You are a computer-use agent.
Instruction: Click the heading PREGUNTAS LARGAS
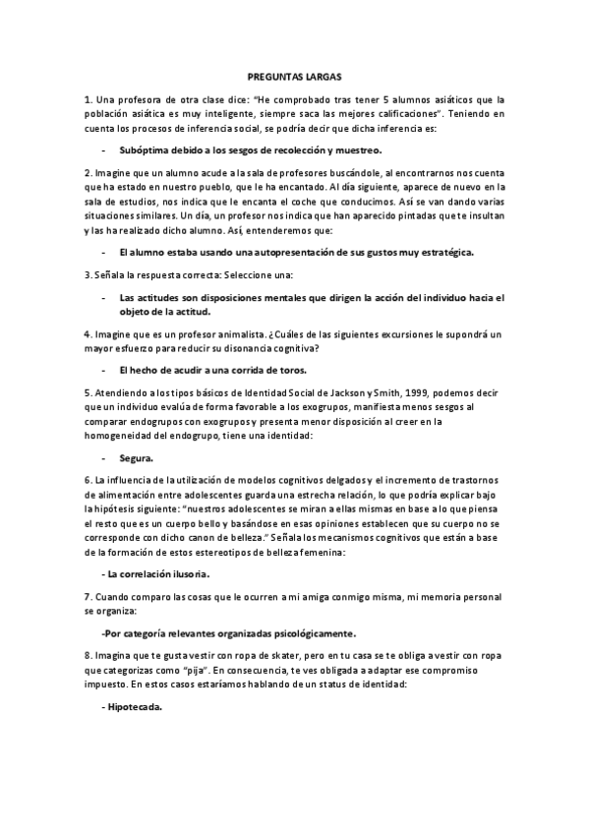point(294,75)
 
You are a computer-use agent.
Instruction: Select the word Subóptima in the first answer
point(145,150)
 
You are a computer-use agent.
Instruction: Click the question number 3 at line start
point(88,273)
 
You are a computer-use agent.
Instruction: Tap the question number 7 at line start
point(88,597)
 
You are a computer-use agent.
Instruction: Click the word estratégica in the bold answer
point(444,252)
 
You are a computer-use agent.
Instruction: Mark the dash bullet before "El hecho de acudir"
point(104,371)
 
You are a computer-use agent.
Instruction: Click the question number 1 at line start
point(88,99)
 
